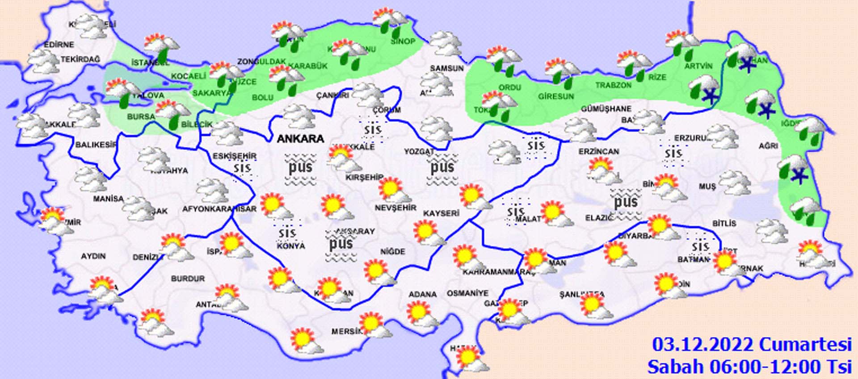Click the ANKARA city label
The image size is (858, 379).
point(300,139)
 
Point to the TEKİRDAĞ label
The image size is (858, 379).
point(80,59)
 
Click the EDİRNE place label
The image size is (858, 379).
point(59,45)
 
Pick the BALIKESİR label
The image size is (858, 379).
point(96,145)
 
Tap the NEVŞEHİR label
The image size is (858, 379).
point(395,208)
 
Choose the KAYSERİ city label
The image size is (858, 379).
point(441,213)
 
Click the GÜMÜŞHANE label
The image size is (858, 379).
point(606,108)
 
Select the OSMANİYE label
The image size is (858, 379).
point(467,293)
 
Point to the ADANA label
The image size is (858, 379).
point(422,294)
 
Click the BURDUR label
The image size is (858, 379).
point(188,279)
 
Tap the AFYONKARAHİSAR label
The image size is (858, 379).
point(219,209)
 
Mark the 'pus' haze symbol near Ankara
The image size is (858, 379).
point(300,168)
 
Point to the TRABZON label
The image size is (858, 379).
point(613,85)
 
